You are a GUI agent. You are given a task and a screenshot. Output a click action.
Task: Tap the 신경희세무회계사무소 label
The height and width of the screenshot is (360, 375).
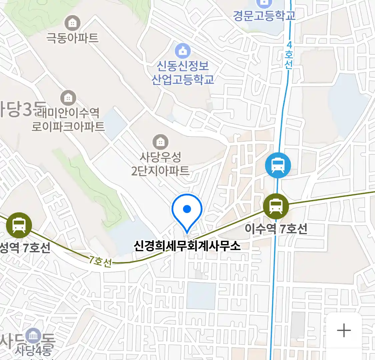tap(187, 246)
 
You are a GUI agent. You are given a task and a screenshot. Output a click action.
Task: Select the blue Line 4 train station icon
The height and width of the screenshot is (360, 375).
tap(278, 165)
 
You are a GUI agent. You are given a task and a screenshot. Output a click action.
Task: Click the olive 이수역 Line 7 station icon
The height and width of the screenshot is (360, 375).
tap(276, 206)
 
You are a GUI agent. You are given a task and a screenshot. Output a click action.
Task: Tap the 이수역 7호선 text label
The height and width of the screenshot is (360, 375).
tap(276, 229)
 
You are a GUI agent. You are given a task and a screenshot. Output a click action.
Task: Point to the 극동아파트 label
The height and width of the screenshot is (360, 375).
tap(72, 38)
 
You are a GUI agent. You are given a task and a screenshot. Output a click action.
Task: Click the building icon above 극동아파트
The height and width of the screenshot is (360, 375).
tap(72, 23)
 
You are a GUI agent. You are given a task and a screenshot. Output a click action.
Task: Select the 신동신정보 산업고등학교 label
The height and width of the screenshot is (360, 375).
tap(183, 73)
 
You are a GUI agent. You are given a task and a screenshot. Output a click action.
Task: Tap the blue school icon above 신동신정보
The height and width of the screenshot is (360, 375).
tap(183, 51)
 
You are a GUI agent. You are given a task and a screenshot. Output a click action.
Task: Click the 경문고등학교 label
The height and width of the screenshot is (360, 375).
tap(264, 15)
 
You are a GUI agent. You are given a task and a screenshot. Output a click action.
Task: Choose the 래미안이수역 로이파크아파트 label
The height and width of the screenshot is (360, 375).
tap(68, 120)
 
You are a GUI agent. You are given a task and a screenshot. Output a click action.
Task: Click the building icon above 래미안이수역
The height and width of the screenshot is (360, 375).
tap(68, 98)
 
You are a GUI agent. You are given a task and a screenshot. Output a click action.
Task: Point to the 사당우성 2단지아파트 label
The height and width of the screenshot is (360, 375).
tap(160, 164)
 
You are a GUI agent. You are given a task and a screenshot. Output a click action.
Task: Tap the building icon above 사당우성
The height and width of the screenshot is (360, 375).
tap(161, 142)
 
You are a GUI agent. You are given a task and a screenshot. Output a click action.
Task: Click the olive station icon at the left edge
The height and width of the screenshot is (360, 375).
tap(19, 225)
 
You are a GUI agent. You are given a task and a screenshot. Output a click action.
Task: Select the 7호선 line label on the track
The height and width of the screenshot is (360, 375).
tap(100, 261)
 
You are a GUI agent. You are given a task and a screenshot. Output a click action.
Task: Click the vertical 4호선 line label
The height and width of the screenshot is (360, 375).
tap(289, 55)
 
